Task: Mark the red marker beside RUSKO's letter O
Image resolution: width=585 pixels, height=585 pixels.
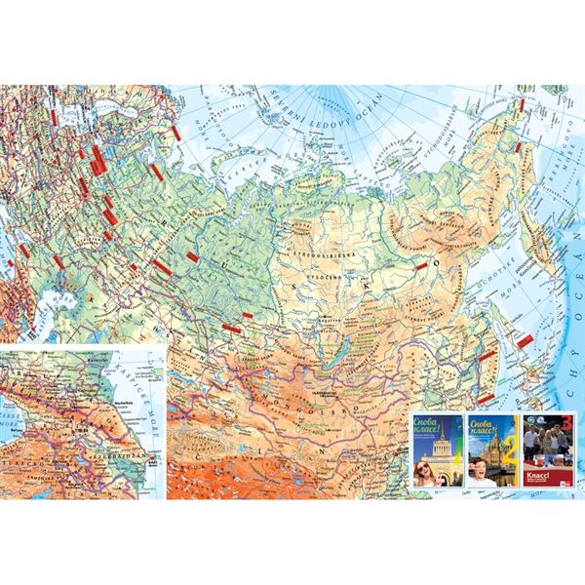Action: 421,264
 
